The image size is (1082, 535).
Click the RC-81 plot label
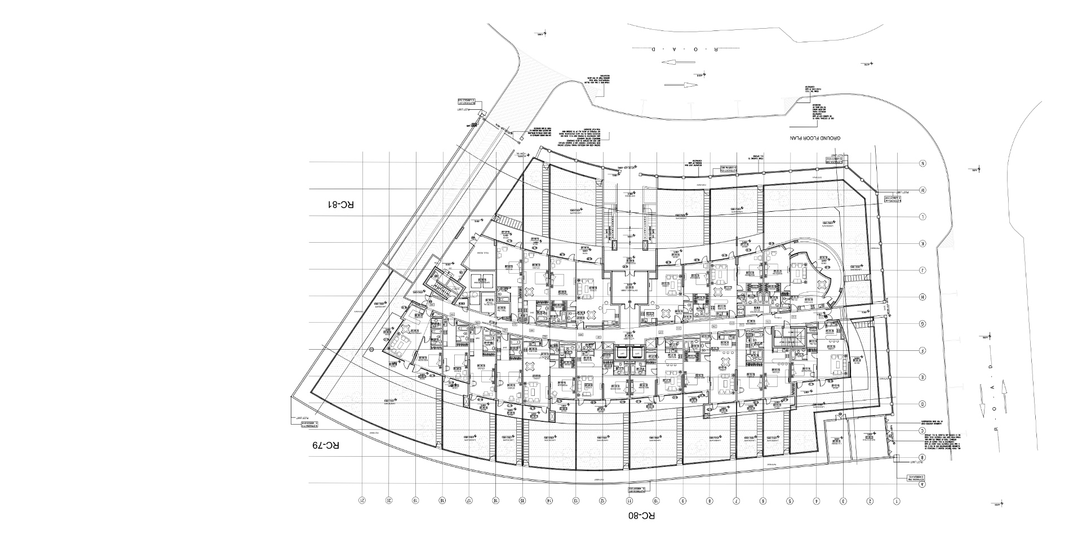[x=342, y=204]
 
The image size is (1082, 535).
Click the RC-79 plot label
[x=326, y=446]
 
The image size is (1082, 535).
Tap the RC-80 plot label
[x=641, y=515]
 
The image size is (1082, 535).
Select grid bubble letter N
[x=923, y=164]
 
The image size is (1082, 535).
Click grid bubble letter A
[x=923, y=484]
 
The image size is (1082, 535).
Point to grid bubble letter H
[x=923, y=297]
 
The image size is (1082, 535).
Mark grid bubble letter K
[x=923, y=243]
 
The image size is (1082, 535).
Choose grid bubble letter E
[x=923, y=377]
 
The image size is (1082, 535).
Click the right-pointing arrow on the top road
[x=681, y=86]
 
